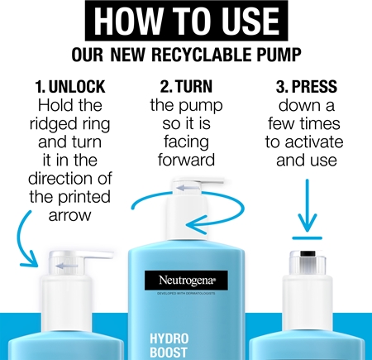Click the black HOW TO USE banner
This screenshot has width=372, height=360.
(186, 21)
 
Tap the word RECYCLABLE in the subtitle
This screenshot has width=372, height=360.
(202, 55)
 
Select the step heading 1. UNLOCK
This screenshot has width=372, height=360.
(70, 87)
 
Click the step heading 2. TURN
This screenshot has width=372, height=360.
(186, 87)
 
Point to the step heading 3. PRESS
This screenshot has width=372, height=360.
(307, 87)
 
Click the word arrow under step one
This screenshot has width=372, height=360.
(69, 216)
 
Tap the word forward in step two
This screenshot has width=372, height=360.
(186, 160)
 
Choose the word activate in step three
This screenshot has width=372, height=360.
(314, 142)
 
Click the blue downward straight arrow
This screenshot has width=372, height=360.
(307, 205)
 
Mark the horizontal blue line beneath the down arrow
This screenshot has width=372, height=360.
(307, 238)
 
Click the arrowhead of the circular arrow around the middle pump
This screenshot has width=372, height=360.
(197, 224)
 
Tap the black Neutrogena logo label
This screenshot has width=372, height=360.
(186, 281)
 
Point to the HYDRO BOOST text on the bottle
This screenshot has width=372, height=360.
(169, 345)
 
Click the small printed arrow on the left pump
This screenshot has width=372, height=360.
(66, 266)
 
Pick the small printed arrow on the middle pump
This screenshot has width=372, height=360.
(188, 188)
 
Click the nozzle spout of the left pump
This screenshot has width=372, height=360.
(99, 255)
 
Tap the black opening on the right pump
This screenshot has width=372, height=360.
(308, 254)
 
